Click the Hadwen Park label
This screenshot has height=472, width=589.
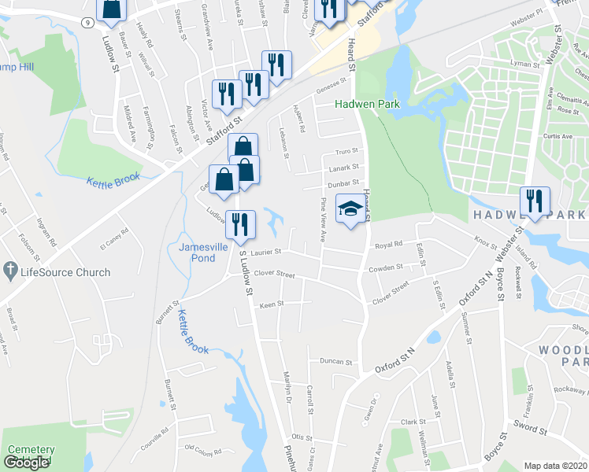click(367, 104)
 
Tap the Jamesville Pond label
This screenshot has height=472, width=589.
click(197, 252)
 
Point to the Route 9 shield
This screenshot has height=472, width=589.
click(84, 23)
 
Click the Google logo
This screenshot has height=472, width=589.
click(26, 463)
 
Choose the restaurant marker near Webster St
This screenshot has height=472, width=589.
click(535, 201)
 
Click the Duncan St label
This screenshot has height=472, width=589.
click(335, 362)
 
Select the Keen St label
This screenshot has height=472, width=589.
click(272, 304)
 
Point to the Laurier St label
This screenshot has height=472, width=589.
click(266, 252)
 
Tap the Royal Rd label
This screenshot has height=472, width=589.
click(387, 244)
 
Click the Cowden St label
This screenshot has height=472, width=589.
click(386, 268)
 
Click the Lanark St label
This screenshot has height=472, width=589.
click(343, 167)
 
